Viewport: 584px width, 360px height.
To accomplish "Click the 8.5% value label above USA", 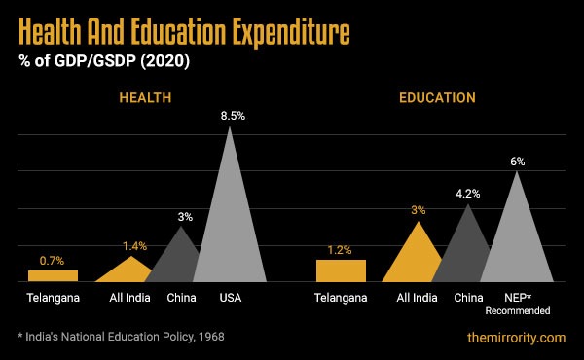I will [231, 115].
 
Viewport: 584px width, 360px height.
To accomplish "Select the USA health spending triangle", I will [231, 224].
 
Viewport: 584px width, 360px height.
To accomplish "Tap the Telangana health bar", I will [53, 276].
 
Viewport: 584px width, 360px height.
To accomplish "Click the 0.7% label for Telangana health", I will [53, 261].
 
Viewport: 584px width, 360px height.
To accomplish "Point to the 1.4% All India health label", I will [134, 246].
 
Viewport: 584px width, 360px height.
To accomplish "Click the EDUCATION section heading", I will [437, 98].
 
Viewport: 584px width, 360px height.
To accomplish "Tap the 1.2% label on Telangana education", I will [340, 249].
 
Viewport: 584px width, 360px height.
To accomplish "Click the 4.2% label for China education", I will [469, 194].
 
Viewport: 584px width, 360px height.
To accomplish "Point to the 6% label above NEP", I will [517, 161].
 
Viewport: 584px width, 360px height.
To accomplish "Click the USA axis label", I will [230, 298].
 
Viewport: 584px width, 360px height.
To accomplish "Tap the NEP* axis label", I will [517, 298].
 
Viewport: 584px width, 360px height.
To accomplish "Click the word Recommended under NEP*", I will [517, 310].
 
